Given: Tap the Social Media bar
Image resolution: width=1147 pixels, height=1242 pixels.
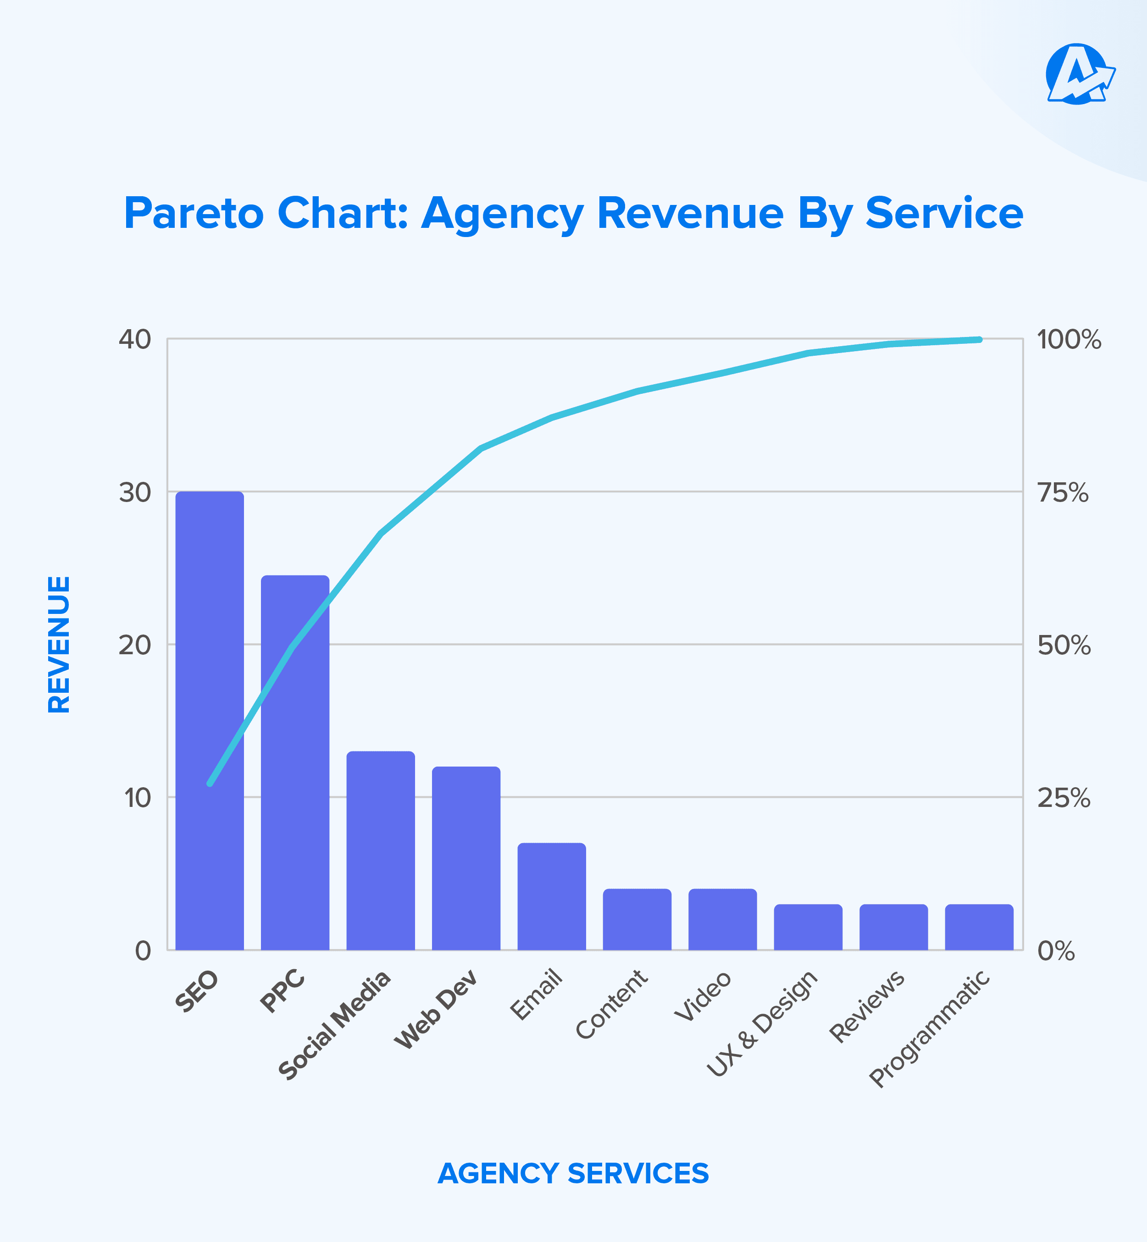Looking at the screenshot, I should pyautogui.click(x=381, y=850).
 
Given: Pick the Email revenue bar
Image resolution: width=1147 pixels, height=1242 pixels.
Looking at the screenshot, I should pyautogui.click(x=551, y=896).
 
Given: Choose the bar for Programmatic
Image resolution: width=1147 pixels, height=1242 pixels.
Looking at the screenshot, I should pyautogui.click(x=979, y=927).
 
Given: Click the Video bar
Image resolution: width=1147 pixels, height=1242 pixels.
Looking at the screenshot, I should pyautogui.click(x=722, y=919).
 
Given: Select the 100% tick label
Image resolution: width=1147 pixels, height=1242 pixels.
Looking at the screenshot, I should pyautogui.click(x=1069, y=340).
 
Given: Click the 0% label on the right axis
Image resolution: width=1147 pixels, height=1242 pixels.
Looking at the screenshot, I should pyautogui.click(x=1056, y=950).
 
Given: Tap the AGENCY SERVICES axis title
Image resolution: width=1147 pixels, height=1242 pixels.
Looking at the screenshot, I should pyautogui.click(x=573, y=1173).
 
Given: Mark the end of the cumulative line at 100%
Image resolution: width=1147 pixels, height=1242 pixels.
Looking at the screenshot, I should pyautogui.click(x=979, y=339).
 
